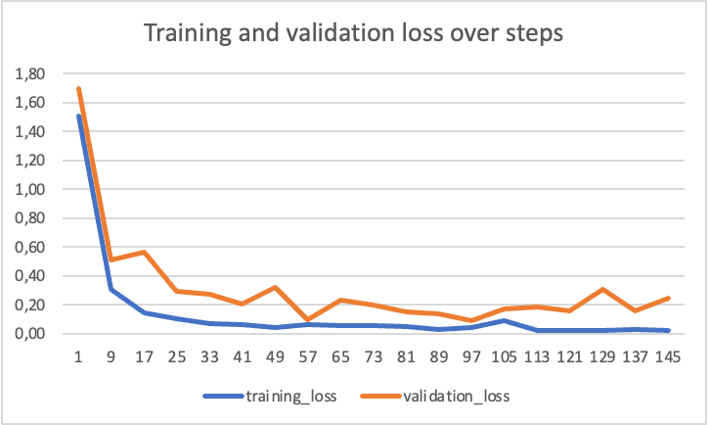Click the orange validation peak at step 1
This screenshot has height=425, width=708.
tap(78, 89)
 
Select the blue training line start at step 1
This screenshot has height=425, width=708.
tap(78, 117)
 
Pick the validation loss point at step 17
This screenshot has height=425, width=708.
tap(145, 253)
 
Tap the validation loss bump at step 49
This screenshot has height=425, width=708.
tap(277, 288)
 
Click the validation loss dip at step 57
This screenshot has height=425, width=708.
tap(309, 320)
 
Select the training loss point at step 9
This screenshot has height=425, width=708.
tap(111, 289)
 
